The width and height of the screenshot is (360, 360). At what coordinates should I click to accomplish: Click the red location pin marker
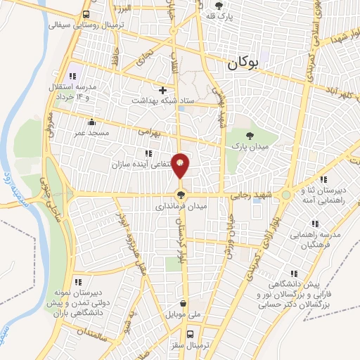(181, 165)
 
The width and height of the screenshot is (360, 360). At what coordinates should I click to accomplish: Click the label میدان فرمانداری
(181, 207)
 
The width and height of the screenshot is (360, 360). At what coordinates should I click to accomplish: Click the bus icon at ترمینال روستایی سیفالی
(86, 14)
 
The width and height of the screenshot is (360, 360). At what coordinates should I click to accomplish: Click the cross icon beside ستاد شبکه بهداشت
(162, 90)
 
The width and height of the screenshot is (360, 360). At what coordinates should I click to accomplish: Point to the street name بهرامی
(150, 131)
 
